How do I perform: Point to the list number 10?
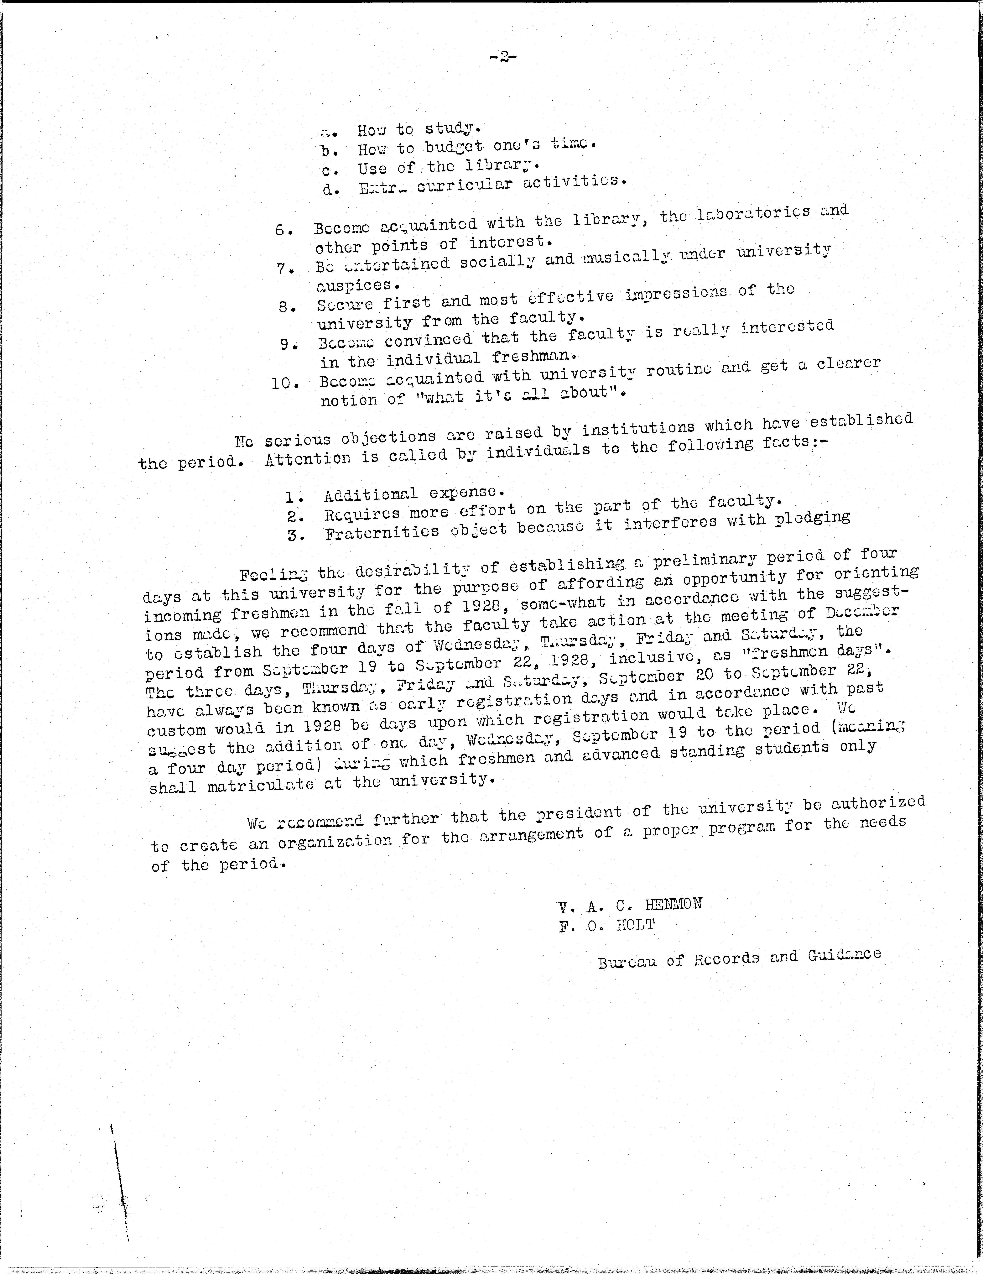[x=285, y=383]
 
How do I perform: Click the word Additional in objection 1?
[x=370, y=495]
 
